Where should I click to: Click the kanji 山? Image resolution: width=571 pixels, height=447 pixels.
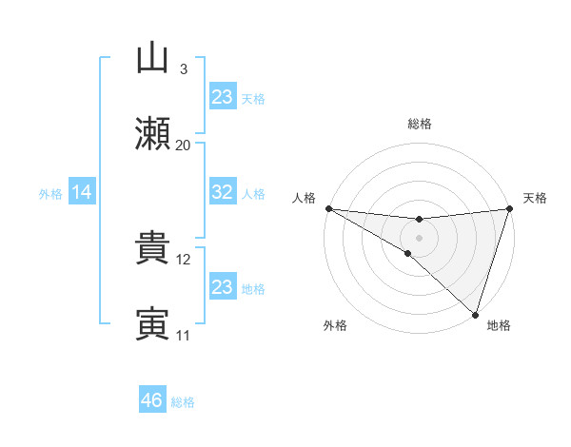pyautogui.click(x=152, y=60)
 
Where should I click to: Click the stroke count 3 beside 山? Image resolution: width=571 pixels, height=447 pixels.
pyautogui.click(x=183, y=69)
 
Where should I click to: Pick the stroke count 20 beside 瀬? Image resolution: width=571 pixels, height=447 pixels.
pyautogui.click(x=183, y=146)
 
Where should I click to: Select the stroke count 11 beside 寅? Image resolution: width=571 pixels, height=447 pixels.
pyautogui.click(x=184, y=335)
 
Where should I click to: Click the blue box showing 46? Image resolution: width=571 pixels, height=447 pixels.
pyautogui.click(x=152, y=400)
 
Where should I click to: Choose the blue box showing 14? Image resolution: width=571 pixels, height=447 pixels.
pyautogui.click(x=82, y=193)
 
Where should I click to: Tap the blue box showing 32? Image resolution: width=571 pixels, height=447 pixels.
pyautogui.click(x=222, y=193)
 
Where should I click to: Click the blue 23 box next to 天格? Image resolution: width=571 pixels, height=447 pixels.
pyautogui.click(x=222, y=97)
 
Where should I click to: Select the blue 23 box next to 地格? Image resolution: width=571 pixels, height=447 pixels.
pyautogui.click(x=222, y=287)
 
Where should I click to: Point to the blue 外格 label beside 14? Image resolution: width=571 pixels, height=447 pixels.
pyautogui.click(x=50, y=194)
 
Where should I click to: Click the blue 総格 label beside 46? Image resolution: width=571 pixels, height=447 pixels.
pyautogui.click(x=183, y=402)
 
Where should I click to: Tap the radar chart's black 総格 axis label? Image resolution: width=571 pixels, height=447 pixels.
pyautogui.click(x=419, y=124)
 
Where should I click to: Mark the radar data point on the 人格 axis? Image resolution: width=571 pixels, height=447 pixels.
pyautogui.click(x=328, y=208)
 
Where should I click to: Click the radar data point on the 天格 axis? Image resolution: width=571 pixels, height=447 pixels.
pyautogui.click(x=509, y=208)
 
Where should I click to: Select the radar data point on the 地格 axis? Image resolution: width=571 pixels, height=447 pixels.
pyautogui.click(x=475, y=314)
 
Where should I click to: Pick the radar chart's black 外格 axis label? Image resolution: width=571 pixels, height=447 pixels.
pyautogui.click(x=335, y=325)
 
